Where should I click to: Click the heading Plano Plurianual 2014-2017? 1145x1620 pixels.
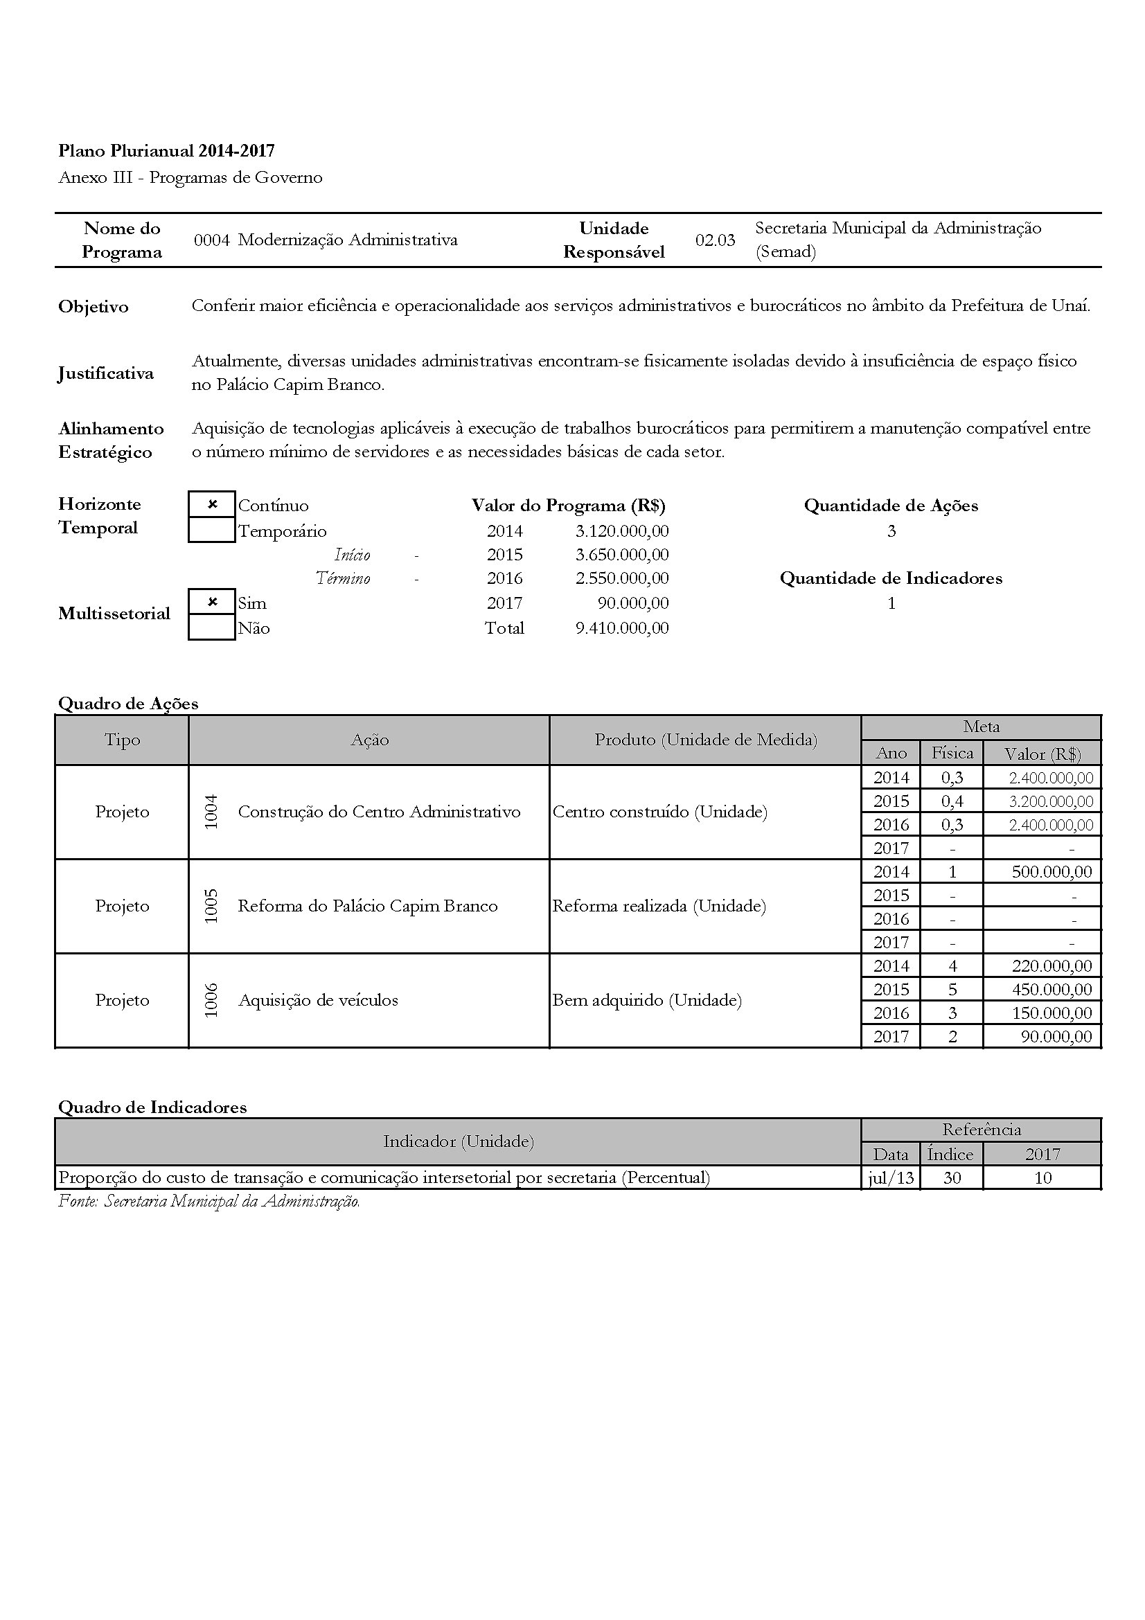point(166,150)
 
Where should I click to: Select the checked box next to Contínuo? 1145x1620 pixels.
point(212,504)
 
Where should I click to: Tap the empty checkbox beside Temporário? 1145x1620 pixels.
point(212,530)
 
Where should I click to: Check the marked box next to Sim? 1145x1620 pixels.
point(212,602)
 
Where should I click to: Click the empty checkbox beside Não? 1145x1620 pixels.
point(212,627)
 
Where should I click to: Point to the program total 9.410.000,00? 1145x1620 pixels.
point(621,628)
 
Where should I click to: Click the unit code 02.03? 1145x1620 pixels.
point(715,240)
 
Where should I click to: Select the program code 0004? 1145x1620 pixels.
point(212,240)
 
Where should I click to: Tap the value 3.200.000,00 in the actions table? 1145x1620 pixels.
point(1051,801)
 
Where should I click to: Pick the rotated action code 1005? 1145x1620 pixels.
point(211,906)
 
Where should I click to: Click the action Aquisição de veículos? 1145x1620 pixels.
point(318,1001)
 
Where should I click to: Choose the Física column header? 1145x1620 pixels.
point(952,753)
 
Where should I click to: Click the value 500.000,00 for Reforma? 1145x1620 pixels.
point(1051,872)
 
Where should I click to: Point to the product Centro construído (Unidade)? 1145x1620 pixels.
point(659,812)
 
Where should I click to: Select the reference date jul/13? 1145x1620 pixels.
point(890,1177)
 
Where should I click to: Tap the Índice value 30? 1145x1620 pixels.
point(952,1177)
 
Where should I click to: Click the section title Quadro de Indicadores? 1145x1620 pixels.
point(152,1107)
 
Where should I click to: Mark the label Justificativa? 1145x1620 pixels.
point(106,373)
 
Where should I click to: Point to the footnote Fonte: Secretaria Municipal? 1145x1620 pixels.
point(208,1201)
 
